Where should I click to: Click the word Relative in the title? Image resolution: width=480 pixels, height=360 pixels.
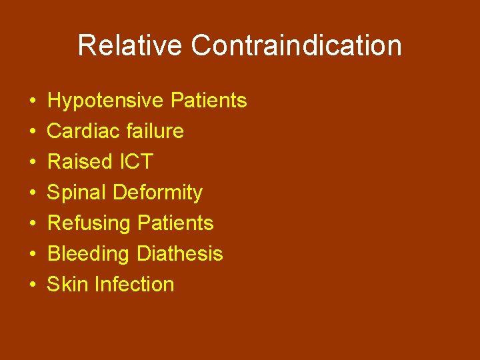click(130, 46)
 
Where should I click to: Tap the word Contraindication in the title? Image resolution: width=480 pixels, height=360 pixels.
click(296, 46)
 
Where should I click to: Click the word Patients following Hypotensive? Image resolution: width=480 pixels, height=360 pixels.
click(209, 101)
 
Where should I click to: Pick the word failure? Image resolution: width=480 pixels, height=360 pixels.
click(154, 131)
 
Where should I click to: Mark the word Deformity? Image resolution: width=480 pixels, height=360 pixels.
click(157, 193)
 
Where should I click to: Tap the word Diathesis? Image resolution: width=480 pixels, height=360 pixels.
click(179, 254)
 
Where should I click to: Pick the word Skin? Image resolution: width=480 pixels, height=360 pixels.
click(68, 285)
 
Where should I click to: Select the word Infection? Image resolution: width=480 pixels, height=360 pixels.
click(134, 285)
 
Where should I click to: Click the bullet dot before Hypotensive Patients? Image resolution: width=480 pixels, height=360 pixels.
click(33, 101)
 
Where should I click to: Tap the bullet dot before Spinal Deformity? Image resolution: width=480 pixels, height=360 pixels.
click(33, 193)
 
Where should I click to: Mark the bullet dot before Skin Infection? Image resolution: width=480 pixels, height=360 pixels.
click(33, 285)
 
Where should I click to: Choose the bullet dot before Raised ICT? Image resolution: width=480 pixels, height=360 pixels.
click(33, 163)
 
